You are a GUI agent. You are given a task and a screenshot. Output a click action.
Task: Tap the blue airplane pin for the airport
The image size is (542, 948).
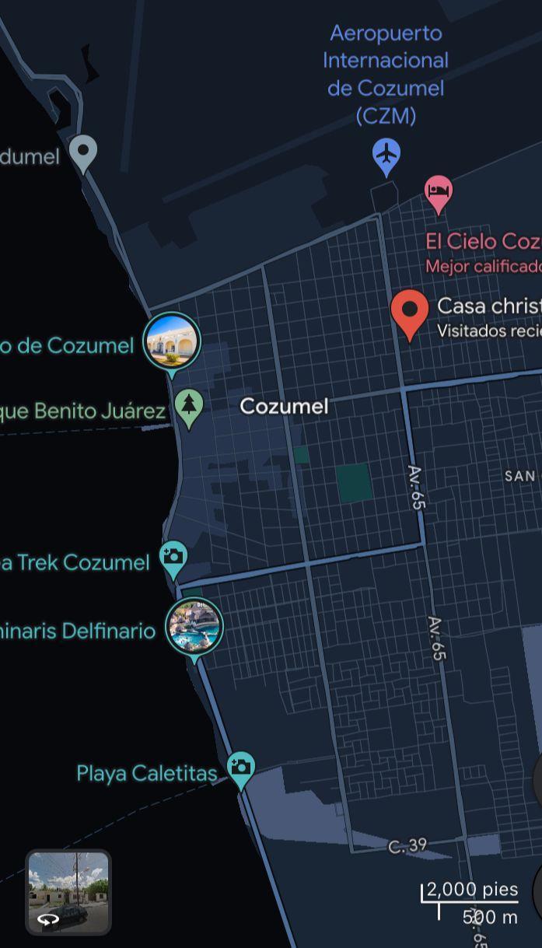386,156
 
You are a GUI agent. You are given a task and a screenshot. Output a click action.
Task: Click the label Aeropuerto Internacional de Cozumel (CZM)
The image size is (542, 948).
386,74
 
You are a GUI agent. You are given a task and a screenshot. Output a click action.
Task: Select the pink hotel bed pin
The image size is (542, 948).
439,192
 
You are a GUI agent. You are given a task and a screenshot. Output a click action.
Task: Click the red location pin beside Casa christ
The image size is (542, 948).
410,313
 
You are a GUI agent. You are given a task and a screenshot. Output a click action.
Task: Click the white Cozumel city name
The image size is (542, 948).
284,406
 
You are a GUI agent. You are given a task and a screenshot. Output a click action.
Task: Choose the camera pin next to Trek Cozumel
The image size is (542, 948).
173,558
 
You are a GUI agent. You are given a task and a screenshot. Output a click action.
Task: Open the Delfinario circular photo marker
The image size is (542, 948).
194,627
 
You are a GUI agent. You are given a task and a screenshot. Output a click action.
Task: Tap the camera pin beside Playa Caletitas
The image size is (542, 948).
241,768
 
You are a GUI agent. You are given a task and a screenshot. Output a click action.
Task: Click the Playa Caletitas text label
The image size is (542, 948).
146,773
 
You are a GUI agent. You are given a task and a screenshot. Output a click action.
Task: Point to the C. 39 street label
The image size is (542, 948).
407,845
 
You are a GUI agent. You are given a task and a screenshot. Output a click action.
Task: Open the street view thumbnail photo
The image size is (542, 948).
68,891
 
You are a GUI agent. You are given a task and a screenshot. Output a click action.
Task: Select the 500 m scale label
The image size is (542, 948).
490,917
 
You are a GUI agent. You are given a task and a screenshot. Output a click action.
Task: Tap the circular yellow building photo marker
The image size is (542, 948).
172,341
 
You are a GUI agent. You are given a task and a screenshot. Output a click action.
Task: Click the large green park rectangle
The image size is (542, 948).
354,483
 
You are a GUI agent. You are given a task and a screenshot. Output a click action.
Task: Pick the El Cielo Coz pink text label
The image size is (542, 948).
482,241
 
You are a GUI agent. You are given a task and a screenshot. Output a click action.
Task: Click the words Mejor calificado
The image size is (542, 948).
483,266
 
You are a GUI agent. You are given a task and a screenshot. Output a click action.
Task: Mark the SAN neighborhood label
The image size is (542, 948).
519,475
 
